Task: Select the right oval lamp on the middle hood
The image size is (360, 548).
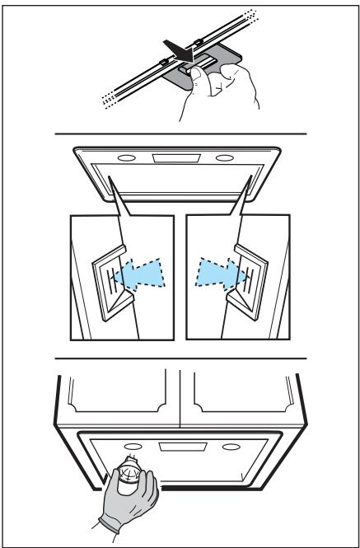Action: click(x=224, y=159)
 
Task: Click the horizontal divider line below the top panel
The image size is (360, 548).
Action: click(x=180, y=133)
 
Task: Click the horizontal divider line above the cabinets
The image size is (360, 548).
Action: click(x=180, y=358)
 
